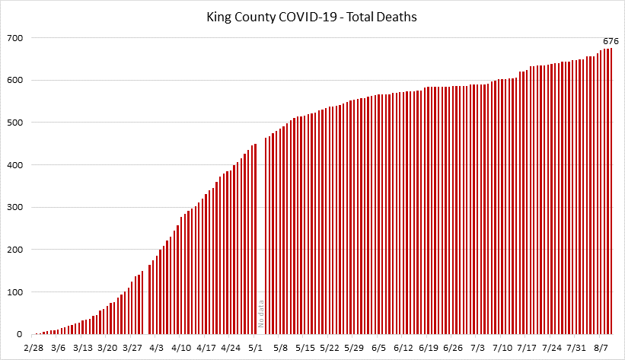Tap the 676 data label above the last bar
pos(610,41)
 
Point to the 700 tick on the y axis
pos(15,38)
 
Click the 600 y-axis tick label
pos(15,80)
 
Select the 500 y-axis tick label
pos(15,123)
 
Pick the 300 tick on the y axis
pos(15,207)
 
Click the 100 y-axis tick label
pos(15,292)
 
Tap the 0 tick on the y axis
pos(21,334)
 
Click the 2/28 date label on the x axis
pos(33,348)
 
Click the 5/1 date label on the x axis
pos(256,348)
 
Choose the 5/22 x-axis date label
pos(330,348)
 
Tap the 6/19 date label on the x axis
pos(429,348)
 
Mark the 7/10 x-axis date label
pos(502,348)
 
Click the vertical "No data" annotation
pos(260,313)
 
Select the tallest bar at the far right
pos(611,190)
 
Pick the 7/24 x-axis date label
pos(552,348)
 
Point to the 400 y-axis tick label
pos(15,165)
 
